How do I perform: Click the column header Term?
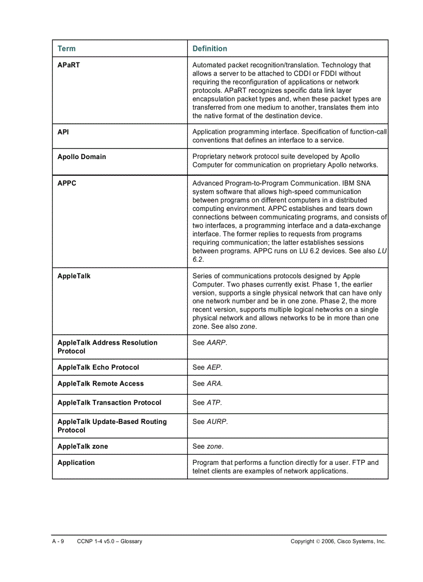[66, 49]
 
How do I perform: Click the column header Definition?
[209, 49]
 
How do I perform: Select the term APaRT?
[68, 65]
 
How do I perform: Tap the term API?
[63, 132]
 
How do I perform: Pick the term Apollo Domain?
[81, 157]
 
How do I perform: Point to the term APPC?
[67, 183]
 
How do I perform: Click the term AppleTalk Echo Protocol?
[98, 367]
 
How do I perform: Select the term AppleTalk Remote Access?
[101, 384]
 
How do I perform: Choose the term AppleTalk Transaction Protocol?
[109, 403]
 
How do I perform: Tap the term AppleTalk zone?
[82, 447]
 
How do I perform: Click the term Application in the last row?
[76, 463]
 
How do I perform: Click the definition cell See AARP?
[209, 343]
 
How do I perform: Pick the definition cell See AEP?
[207, 367]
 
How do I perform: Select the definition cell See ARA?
[207, 384]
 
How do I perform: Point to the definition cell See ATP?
[207, 403]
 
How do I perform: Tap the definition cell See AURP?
[210, 422]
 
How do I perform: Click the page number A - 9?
[58, 542]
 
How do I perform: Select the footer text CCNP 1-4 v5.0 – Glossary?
[109, 542]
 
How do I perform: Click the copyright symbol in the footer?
[318, 542]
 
